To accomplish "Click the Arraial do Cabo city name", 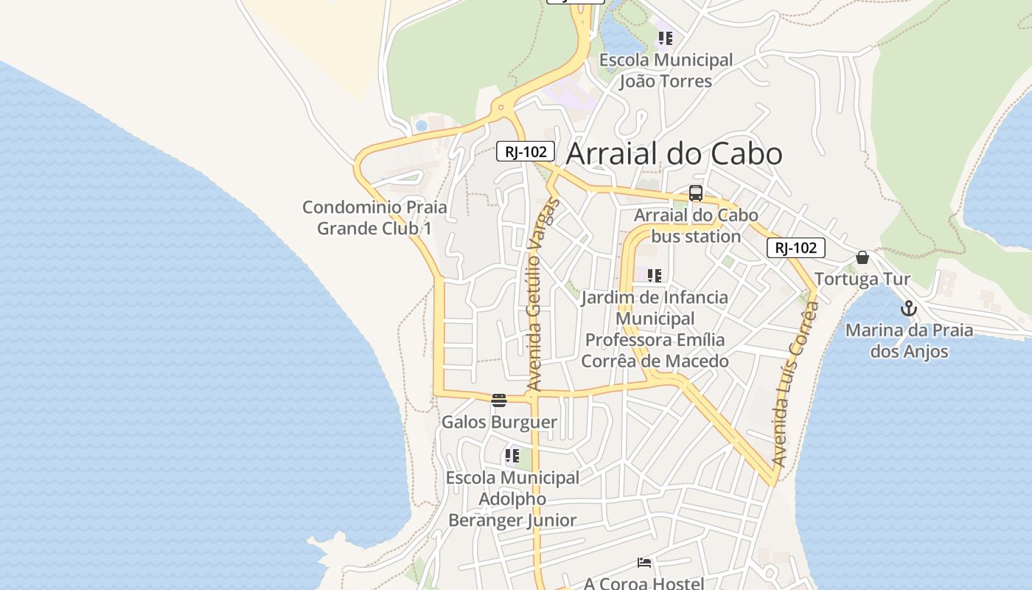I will (674, 153).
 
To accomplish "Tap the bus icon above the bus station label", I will (696, 193).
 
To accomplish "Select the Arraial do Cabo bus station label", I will (696, 226).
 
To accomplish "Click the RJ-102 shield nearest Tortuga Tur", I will (795, 248).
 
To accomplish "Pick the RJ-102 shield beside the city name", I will (525, 151).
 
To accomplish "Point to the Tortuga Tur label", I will (862, 280).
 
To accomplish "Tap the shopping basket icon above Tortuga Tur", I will (862, 257).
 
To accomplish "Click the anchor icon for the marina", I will (909, 308).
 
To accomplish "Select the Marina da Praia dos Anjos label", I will (909, 340).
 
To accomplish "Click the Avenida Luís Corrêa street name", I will (795, 383).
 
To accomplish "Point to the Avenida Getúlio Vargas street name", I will (543, 295).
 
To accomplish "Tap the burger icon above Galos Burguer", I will (499, 400).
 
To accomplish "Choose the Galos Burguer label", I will (499, 422).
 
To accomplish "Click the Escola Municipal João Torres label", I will (666, 70).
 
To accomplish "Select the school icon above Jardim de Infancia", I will (654, 276).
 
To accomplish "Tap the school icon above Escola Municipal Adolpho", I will (512, 456).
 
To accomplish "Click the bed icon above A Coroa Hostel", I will (644, 563).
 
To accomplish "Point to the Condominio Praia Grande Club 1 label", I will (374, 218).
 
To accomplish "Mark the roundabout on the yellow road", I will (501, 108).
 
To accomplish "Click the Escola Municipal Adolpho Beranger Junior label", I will (512, 499).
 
